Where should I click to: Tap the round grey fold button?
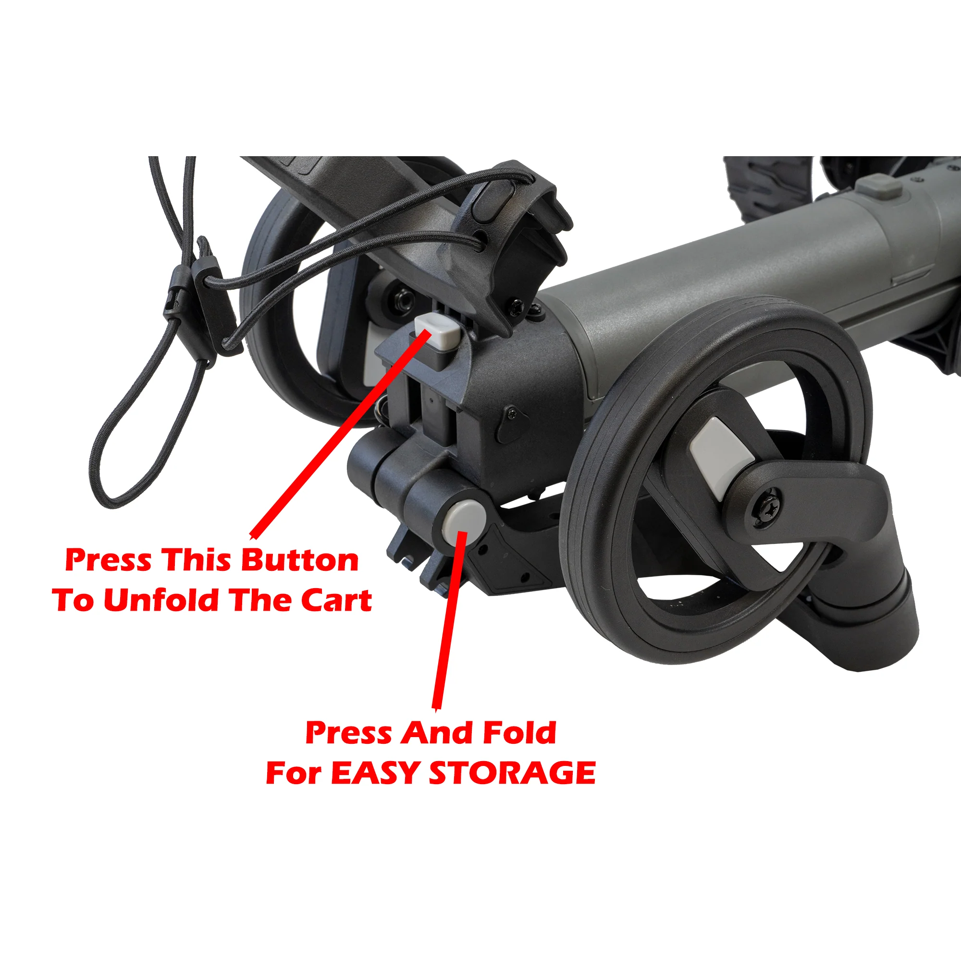coord(465,521)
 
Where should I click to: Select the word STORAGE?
coord(512,773)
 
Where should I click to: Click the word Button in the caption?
coord(299,561)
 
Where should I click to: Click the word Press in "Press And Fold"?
coord(348,733)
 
